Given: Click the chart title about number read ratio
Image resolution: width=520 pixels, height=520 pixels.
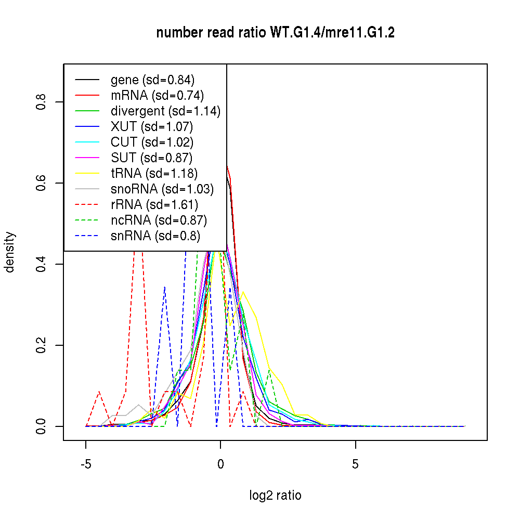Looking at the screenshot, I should [275, 33].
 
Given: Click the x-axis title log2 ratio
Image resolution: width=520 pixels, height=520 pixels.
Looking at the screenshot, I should [275, 495].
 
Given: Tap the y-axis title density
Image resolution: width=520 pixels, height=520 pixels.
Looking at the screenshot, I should [10, 252].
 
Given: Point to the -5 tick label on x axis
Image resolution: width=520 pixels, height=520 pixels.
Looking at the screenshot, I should [86, 464].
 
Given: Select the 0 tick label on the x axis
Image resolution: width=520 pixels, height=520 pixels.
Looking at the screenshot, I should [220, 464].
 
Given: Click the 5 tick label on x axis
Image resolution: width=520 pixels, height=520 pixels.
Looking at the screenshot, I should [355, 464].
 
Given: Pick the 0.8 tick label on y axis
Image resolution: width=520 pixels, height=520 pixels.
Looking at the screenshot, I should [40, 101].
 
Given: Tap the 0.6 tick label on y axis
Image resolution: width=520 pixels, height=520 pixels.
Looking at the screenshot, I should [40, 183].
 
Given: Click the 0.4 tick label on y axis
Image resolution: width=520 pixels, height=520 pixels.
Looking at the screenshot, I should [40, 264].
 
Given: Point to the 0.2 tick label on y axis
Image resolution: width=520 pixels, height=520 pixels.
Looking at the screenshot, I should [40, 345].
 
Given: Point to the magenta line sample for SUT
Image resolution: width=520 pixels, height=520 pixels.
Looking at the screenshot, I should [87, 158].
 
